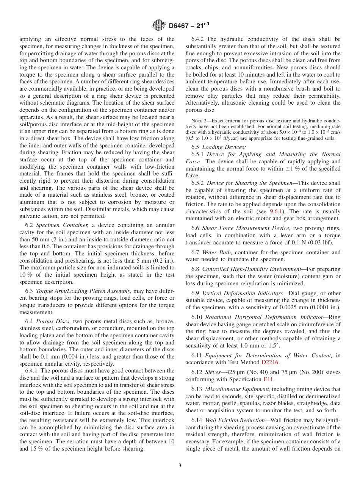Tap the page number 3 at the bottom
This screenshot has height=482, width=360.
(180, 465)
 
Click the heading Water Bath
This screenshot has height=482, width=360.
(215, 252)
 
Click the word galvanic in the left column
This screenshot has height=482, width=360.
(30, 216)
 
